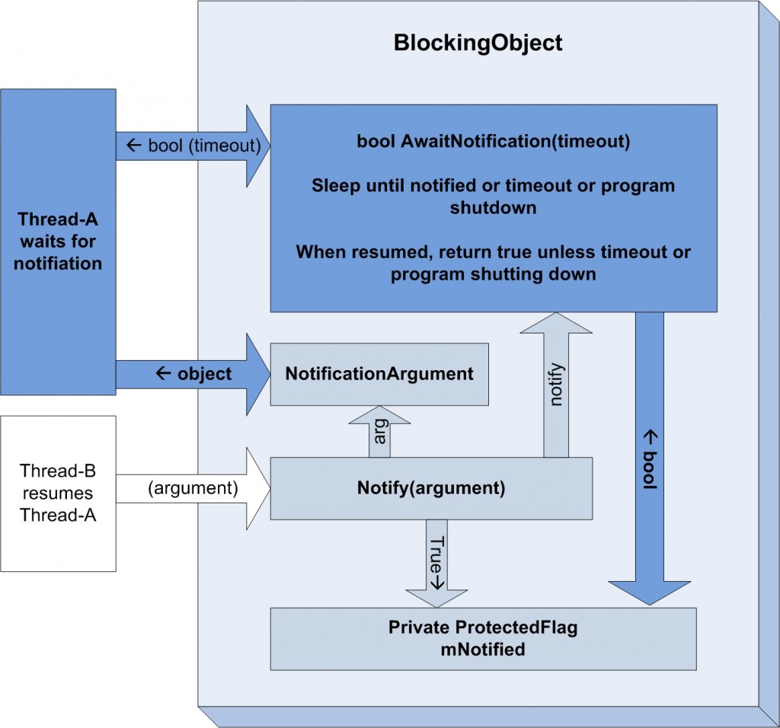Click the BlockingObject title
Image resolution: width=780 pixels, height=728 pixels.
pyautogui.click(x=478, y=43)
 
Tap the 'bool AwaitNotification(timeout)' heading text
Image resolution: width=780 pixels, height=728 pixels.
pyautogui.click(x=494, y=141)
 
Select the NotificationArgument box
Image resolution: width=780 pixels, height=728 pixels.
pyautogui.click(x=379, y=374)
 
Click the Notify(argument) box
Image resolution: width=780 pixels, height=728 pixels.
pyautogui.click(x=431, y=488)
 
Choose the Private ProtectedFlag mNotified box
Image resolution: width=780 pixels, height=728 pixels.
pyautogui.click(x=483, y=639)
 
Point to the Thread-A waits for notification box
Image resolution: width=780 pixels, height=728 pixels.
pyautogui.click(x=58, y=242)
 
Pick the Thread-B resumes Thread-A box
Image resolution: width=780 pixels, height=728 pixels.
pyautogui.click(x=58, y=493)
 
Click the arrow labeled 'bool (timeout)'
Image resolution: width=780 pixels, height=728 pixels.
pyautogui.click(x=193, y=146)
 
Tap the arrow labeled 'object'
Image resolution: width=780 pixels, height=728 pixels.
pyautogui.click(x=193, y=375)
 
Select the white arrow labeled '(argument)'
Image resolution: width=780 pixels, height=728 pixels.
pyautogui.click(x=193, y=488)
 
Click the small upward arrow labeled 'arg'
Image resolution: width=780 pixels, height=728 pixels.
pyautogui.click(x=379, y=432)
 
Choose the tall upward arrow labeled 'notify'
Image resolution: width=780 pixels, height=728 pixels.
pyautogui.click(x=556, y=385)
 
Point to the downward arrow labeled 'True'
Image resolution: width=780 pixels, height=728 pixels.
pyautogui.click(x=436, y=564)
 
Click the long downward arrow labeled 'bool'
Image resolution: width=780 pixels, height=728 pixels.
pyautogui.click(x=650, y=458)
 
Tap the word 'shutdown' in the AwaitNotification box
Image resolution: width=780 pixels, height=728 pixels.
pyautogui.click(x=494, y=207)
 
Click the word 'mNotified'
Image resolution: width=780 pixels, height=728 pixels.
pyautogui.click(x=483, y=650)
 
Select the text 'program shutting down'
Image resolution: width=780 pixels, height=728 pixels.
pyautogui.click(x=494, y=274)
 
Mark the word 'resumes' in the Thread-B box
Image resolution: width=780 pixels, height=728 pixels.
pyautogui.click(x=58, y=493)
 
